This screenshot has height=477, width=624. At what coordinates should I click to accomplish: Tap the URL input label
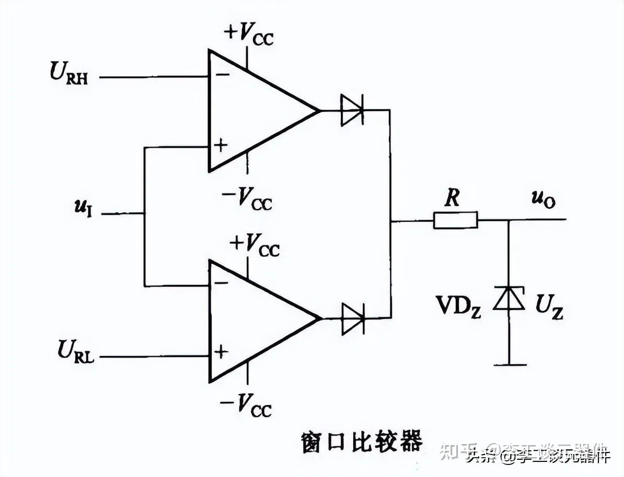(76, 350)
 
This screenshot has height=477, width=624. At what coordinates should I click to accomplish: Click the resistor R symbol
(455, 220)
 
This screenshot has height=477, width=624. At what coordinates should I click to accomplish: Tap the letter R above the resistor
(452, 198)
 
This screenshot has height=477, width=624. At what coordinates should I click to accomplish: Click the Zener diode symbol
(509, 299)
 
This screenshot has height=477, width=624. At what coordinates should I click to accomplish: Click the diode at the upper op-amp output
(352, 110)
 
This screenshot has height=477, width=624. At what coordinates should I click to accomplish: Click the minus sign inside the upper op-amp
(222, 75)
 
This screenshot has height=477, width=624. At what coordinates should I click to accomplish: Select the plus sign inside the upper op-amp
(222, 145)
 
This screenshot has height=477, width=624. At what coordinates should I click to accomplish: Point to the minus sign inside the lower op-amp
(222, 283)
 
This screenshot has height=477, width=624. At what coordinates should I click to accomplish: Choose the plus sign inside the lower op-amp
(222, 351)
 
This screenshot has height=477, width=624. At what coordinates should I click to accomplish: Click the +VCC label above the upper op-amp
(248, 34)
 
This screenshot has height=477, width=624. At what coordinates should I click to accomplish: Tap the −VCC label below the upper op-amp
(246, 199)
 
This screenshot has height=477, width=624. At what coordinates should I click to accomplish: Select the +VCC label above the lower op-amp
(254, 244)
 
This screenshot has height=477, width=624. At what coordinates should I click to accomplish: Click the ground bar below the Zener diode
(509, 365)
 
